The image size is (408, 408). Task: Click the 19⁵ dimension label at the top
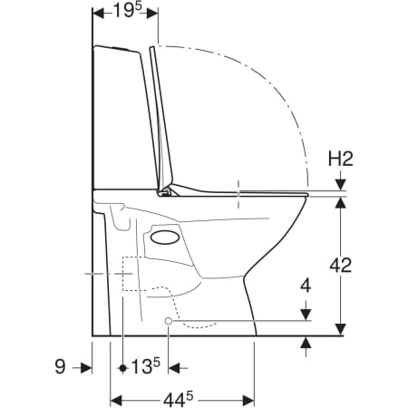tap(127, 11)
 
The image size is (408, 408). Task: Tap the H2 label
tap(341, 159)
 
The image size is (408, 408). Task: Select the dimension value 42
tap(341, 266)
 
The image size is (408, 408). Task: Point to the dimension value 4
tap(306, 286)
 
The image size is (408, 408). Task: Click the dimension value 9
tap(60, 366)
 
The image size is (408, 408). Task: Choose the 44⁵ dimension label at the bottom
tap(178, 400)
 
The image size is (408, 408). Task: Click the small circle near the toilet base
tap(169, 321)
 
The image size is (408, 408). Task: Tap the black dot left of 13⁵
tap(122, 368)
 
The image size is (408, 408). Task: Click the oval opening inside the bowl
tap(165, 238)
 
